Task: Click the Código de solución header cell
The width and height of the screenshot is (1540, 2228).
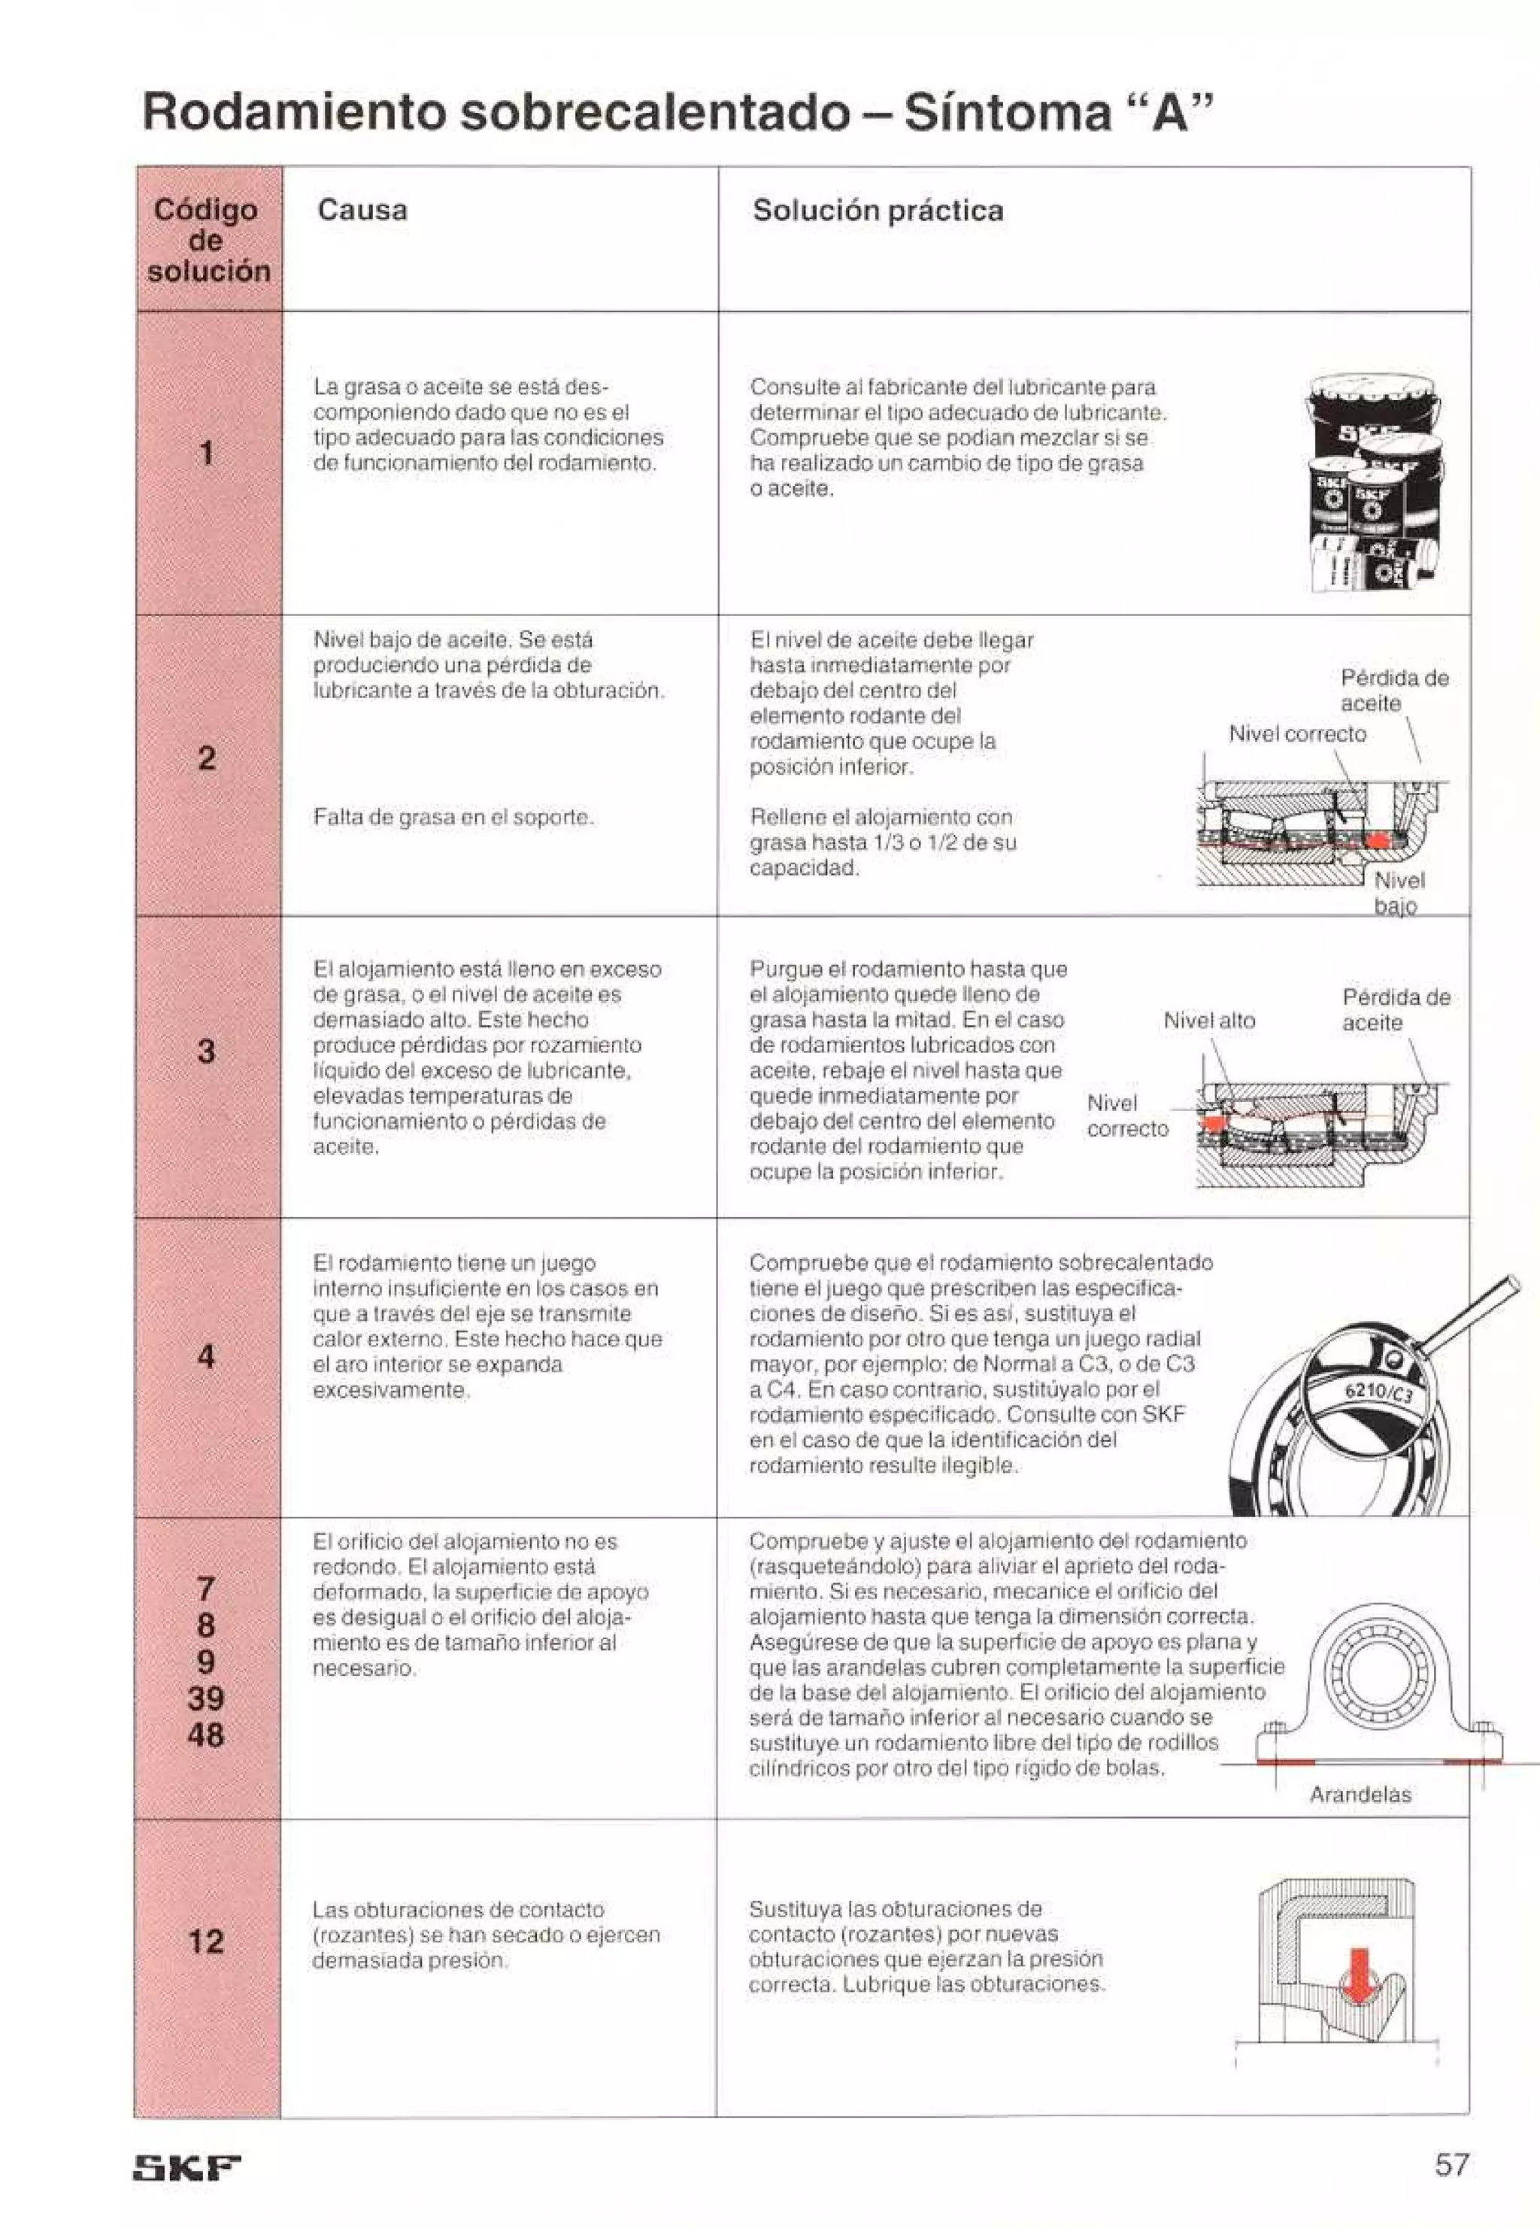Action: [x=208, y=239]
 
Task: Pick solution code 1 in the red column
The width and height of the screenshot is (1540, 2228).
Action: [x=205, y=453]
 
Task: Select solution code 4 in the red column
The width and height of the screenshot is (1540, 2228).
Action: [x=205, y=1357]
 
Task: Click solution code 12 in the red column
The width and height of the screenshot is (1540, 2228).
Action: [x=205, y=1941]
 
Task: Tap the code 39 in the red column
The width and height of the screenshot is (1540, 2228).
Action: [x=205, y=1698]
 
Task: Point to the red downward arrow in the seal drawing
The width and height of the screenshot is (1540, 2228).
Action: [x=1359, y=1972]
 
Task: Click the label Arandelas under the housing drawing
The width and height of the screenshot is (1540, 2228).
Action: [x=1360, y=1795]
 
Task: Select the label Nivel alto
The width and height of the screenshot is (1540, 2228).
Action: [x=1209, y=1020]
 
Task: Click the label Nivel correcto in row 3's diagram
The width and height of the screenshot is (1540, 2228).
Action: [x=1126, y=1116]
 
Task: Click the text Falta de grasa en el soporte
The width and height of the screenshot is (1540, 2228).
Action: [x=453, y=818]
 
